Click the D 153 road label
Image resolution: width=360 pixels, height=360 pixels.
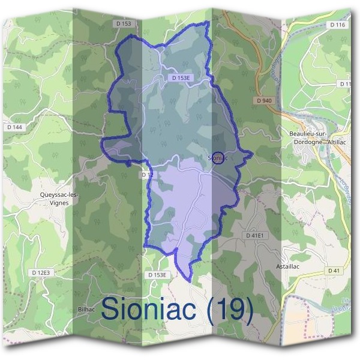125,23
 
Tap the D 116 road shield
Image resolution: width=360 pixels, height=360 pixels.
337,25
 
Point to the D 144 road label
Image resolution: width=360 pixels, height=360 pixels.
13,127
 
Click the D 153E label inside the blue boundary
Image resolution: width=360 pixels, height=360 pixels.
180,78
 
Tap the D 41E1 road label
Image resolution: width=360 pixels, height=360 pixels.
254,236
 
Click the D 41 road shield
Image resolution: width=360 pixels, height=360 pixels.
334,271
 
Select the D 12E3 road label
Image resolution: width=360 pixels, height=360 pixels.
41,272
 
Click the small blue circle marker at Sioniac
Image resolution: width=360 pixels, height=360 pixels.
218,158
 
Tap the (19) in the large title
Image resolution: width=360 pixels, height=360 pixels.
232,310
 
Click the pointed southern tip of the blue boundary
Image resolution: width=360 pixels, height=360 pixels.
190,281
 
